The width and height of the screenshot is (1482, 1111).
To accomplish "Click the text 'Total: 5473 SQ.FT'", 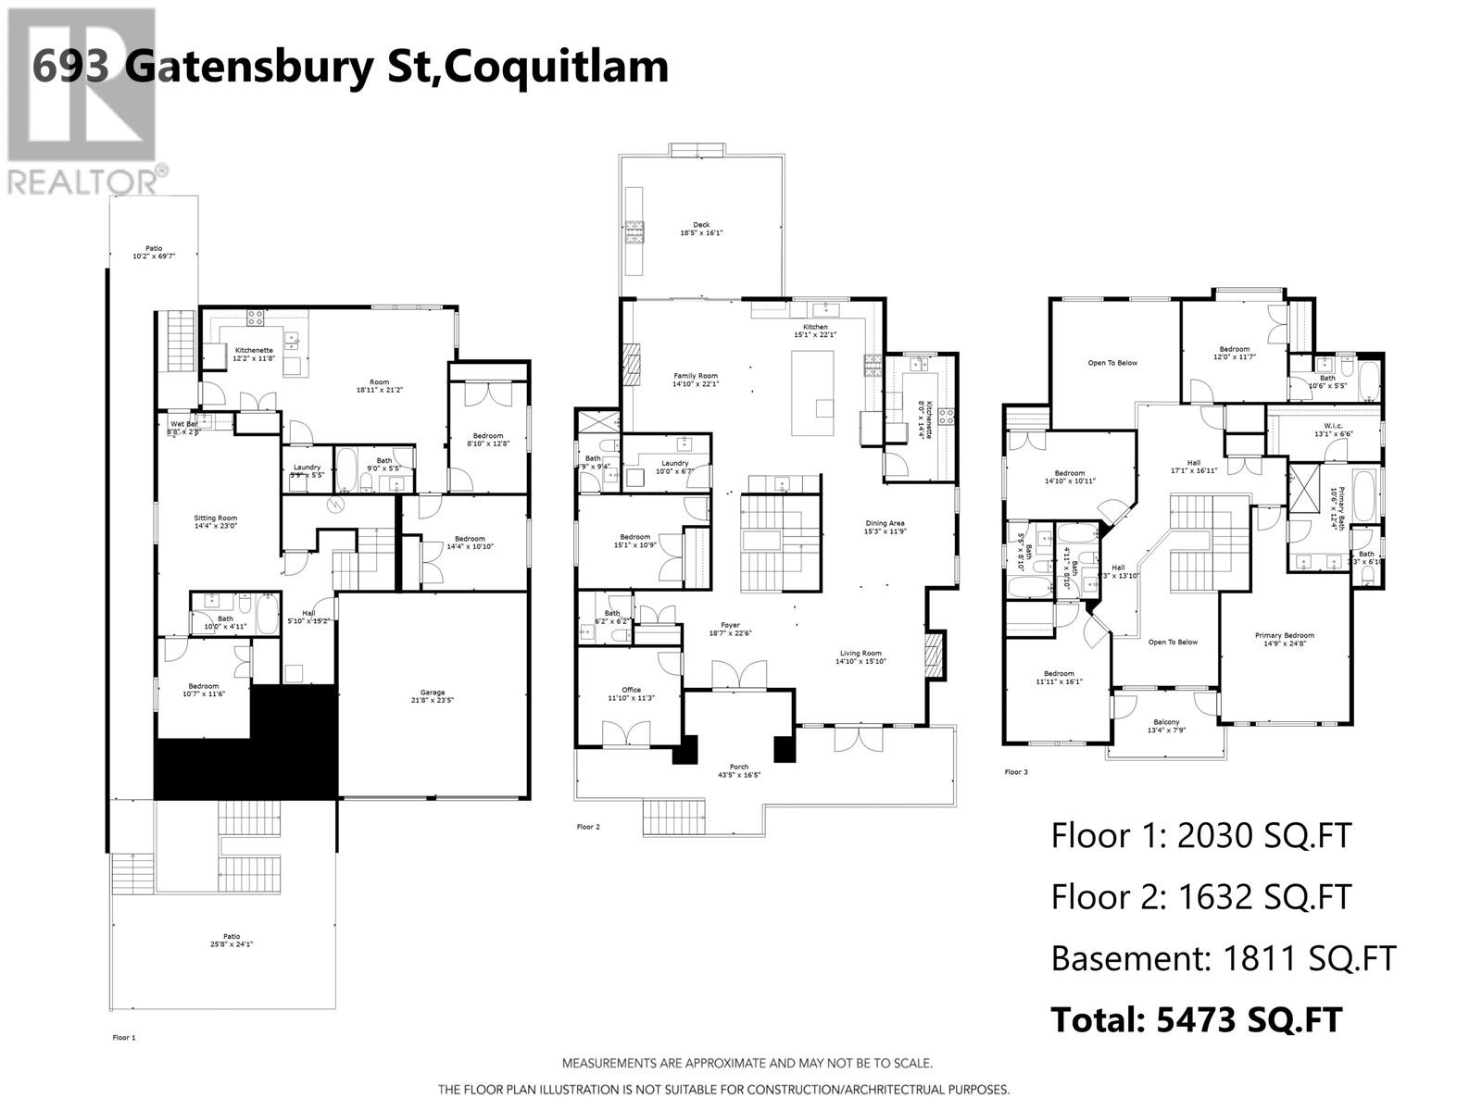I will coord(1196,1019).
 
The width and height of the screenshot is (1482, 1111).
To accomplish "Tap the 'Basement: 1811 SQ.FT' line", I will coord(1223,958).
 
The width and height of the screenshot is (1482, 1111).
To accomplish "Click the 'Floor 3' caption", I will coord(1016,772).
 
